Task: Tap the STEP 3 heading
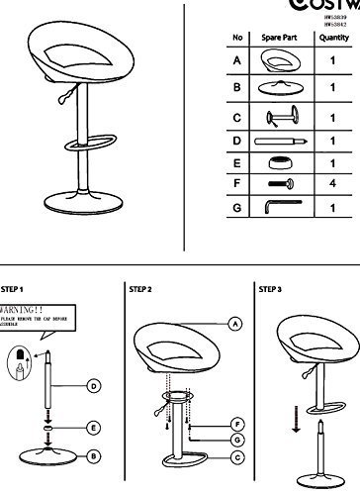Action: pos(270,290)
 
